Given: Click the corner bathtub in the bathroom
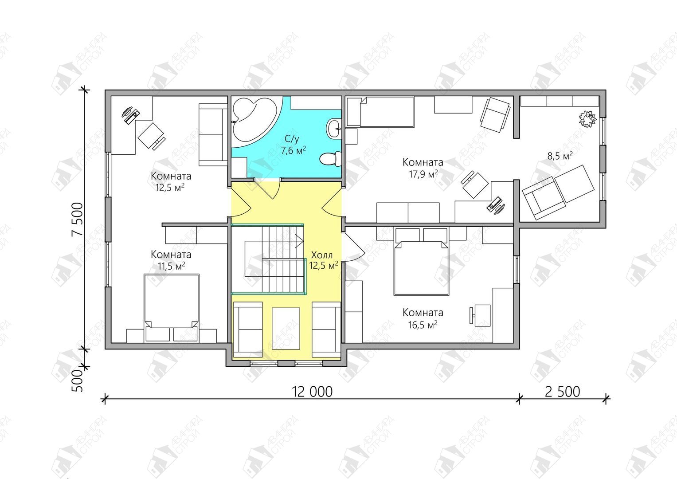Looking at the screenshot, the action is click(254, 122).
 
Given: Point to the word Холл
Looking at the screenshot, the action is click(322, 254).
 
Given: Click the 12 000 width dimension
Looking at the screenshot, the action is click(312, 392).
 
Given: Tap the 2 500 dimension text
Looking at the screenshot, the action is click(563, 392).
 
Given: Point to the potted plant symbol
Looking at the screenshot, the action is click(588, 119).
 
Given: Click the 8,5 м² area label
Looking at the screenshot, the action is click(560, 156).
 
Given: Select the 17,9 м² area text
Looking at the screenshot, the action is click(423, 174).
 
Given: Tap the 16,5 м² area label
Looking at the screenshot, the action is click(423, 325).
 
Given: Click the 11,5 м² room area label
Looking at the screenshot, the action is click(172, 266).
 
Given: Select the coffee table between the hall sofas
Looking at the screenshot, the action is click(286, 329).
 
